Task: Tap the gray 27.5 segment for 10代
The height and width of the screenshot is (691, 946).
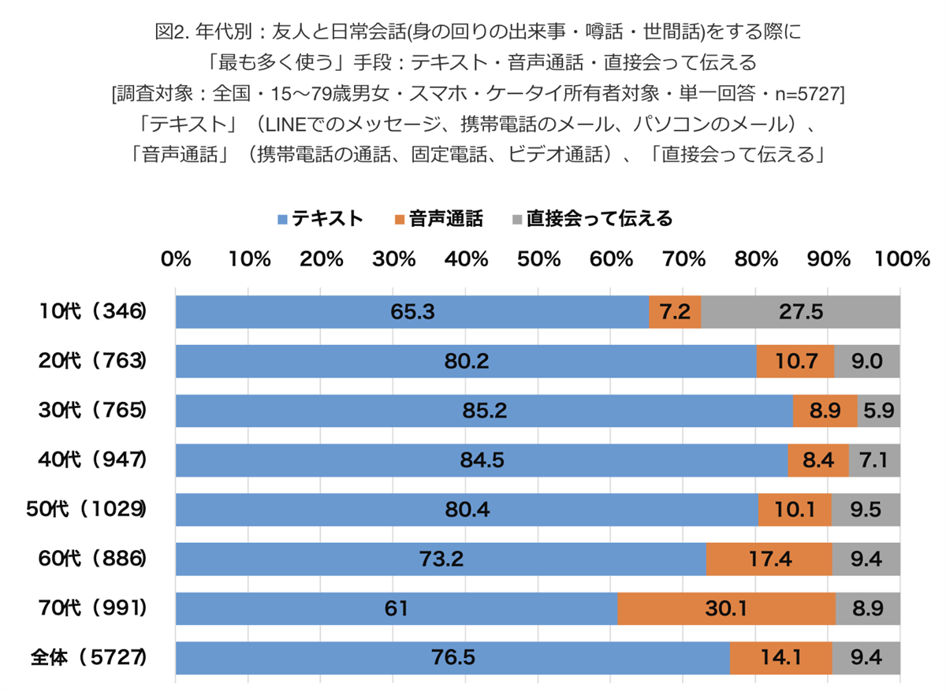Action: (x=800, y=312)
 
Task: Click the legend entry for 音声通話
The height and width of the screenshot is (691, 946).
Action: (x=439, y=218)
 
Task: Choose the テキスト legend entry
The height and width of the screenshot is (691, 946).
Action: (x=320, y=218)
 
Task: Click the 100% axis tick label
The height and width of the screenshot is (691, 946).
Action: (x=899, y=259)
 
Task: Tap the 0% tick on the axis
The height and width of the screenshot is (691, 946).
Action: (x=176, y=259)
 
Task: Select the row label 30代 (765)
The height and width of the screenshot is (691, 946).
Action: (x=93, y=411)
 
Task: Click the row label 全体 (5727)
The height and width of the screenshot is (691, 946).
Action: (x=88, y=657)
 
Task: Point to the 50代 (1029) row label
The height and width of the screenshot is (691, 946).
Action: (x=88, y=509)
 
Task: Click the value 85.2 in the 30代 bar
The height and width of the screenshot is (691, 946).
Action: (x=484, y=411)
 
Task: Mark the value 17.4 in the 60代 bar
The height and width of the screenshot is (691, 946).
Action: (x=769, y=559)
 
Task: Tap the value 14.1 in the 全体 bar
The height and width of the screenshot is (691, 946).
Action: (x=780, y=657)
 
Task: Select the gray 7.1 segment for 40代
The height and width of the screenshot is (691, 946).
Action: (x=874, y=460)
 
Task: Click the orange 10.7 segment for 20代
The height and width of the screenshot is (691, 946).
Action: (x=795, y=362)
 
